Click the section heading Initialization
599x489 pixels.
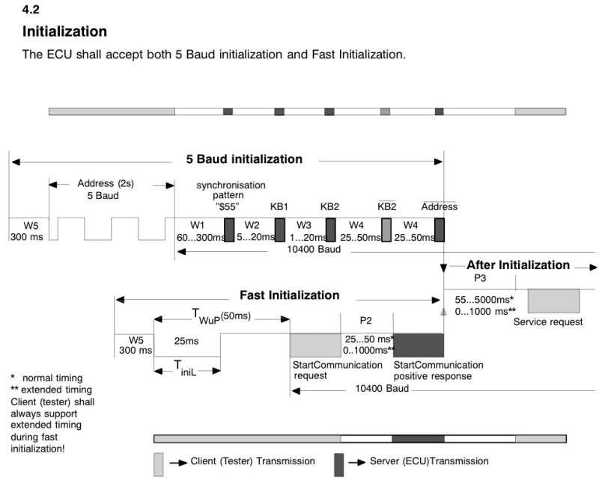pyautogui.click(x=64, y=32)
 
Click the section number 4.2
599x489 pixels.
pyautogui.click(x=31, y=10)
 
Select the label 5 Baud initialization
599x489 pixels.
pyautogui.click(x=244, y=159)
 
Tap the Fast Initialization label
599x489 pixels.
pyautogui.click(x=289, y=295)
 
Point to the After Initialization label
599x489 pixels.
pyautogui.click(x=518, y=265)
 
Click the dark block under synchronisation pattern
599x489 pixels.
pyautogui.click(x=229, y=230)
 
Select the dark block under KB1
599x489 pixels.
pyautogui.click(x=279, y=230)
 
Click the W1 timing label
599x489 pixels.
pyautogui.click(x=198, y=224)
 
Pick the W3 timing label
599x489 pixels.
pyautogui.click(x=303, y=224)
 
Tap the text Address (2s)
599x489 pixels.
pyautogui.click(x=106, y=183)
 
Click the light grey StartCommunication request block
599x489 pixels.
pyautogui.click(x=315, y=345)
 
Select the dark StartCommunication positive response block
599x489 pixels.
pyautogui.click(x=418, y=345)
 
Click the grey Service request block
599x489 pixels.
pyautogui.click(x=553, y=301)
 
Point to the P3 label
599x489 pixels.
pyautogui.click(x=480, y=277)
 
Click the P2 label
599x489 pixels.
pyautogui.click(x=365, y=321)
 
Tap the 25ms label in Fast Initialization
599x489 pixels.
pyautogui.click(x=186, y=341)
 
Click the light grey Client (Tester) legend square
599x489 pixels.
pyautogui.click(x=159, y=464)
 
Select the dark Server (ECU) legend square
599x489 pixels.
pyautogui.click(x=338, y=464)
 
